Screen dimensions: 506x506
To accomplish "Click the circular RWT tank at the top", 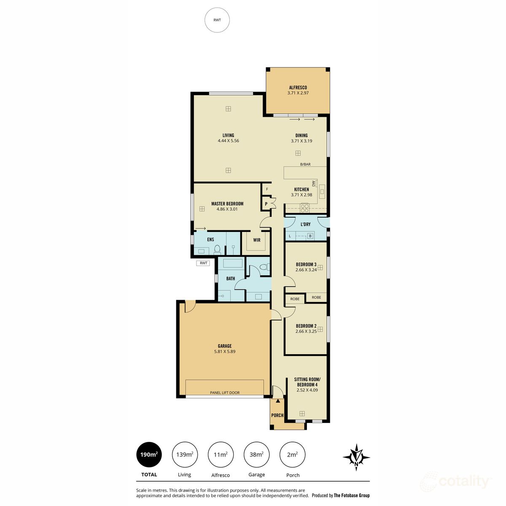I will coord(217,20).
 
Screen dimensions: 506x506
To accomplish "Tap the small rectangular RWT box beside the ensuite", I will coord(204,263).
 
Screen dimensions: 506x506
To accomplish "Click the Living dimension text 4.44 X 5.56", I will coord(228,141).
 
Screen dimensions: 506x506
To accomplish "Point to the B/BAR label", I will coord(305,164).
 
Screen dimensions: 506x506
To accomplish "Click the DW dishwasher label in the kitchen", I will coord(314,183).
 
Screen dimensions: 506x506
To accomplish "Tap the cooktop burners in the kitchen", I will coord(304,207).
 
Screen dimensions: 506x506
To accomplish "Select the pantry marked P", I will coord(266,204).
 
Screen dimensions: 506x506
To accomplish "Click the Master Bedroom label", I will coord(227,204).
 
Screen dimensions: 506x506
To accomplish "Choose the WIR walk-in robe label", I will coord(256,240).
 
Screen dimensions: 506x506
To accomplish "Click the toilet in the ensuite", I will coord(218,249).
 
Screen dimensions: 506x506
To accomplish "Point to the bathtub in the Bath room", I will coord(233,264).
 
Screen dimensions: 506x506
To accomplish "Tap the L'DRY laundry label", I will coord(305,224).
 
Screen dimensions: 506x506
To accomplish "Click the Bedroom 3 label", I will coord(306,264).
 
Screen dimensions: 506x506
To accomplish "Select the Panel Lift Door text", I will coord(225,393).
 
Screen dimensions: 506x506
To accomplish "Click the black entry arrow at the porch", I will coord(277,401).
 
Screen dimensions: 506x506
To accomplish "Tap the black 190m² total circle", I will coord(149,455).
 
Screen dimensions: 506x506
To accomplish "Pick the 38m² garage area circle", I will coord(256,455).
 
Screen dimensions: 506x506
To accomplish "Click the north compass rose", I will coord(356,457).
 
